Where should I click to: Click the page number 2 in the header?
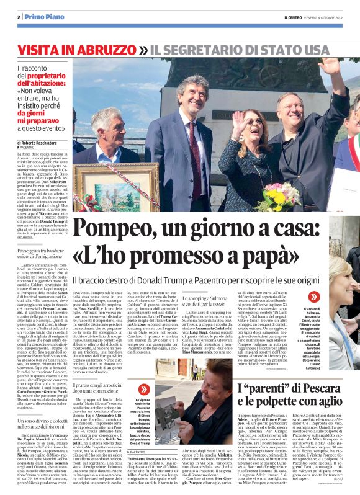coord(19,17)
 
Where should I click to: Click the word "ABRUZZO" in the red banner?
coord(109,49)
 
